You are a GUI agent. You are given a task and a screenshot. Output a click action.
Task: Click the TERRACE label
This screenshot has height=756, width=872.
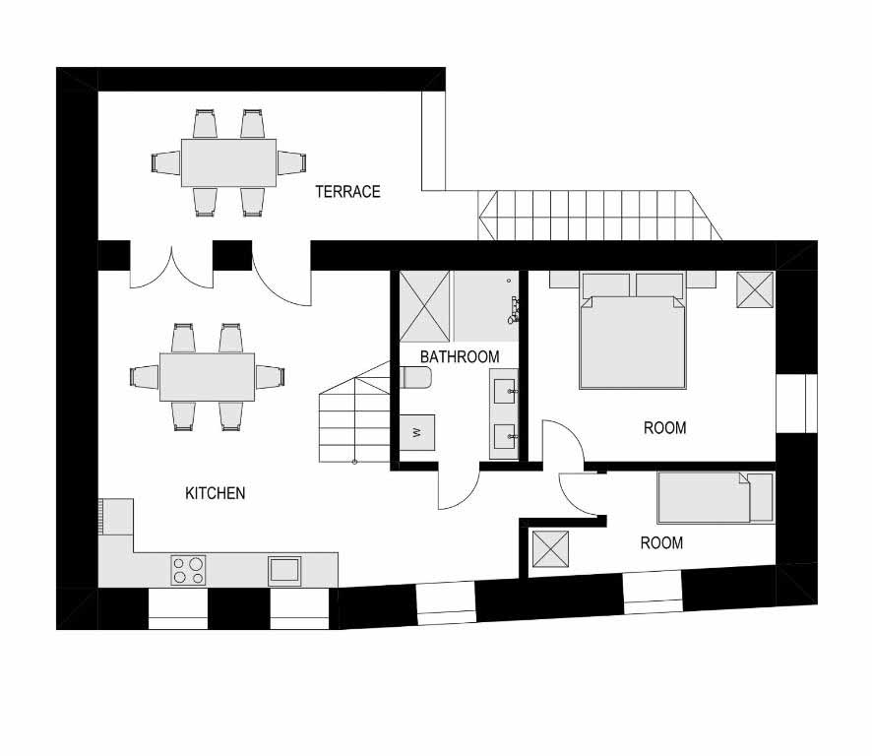click(x=347, y=192)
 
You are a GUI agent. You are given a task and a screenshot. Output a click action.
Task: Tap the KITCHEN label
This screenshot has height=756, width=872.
click(x=216, y=493)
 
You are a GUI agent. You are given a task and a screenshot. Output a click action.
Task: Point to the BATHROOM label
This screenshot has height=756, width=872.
click(x=460, y=357)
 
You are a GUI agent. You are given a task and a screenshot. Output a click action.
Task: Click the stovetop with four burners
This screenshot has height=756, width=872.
click(x=188, y=570)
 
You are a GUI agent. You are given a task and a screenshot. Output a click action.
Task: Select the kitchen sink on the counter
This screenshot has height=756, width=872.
click(x=284, y=570)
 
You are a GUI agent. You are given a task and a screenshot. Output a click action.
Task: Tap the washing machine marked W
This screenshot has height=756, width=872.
click(x=417, y=432)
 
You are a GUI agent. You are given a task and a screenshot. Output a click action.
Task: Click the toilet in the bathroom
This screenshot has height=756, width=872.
click(x=416, y=377)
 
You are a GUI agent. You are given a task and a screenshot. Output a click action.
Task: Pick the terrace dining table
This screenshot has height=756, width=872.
click(x=228, y=163)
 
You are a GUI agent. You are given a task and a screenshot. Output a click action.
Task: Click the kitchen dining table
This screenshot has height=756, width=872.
click(x=207, y=377)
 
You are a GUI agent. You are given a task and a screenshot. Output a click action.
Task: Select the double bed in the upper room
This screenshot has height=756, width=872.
click(x=632, y=331)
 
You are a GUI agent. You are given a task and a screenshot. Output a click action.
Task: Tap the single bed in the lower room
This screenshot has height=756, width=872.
click(x=716, y=498)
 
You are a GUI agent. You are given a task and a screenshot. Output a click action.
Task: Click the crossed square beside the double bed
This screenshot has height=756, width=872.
click(x=755, y=289)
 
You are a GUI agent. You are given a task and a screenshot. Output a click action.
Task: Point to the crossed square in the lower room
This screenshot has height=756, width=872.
click(x=550, y=549)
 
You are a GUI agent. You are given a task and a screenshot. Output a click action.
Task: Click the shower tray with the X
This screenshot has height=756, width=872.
click(x=425, y=306)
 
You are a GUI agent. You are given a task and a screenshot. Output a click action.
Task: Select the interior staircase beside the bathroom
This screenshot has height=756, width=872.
click(x=354, y=412)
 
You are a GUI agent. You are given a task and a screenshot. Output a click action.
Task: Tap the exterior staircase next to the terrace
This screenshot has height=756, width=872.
click(x=600, y=216)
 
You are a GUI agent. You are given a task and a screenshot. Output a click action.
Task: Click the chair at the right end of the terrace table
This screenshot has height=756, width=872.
click(x=292, y=163)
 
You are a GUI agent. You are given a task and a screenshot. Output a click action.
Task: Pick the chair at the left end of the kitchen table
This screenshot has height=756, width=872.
click(x=144, y=377)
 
